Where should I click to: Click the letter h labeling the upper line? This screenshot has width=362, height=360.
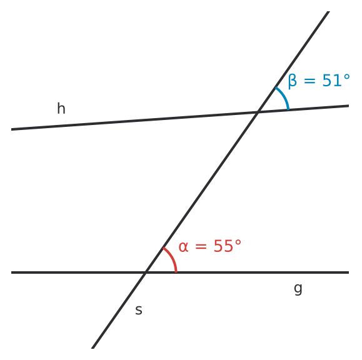61,108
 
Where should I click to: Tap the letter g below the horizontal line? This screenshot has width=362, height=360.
298,289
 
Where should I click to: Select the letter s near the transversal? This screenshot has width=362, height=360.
139,310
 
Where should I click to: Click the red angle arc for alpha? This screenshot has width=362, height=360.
172,258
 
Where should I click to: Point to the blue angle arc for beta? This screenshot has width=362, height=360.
284,96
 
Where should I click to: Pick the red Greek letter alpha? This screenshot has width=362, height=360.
184,246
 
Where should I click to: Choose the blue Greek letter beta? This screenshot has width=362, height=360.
292,81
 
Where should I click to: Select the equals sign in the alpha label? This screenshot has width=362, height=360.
201,246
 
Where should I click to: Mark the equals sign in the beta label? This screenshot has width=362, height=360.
309,81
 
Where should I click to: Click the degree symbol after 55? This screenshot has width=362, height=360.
238,242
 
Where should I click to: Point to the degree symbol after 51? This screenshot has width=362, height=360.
346,77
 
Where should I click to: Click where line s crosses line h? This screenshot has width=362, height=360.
258,112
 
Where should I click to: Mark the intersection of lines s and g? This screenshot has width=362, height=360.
146,272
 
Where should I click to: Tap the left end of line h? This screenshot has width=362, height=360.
11,129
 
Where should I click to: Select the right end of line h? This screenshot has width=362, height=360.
349,106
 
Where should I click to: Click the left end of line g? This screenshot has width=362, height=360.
11,272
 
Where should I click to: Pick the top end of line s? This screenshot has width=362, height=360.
328,11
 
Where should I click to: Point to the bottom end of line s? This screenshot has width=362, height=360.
93,348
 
